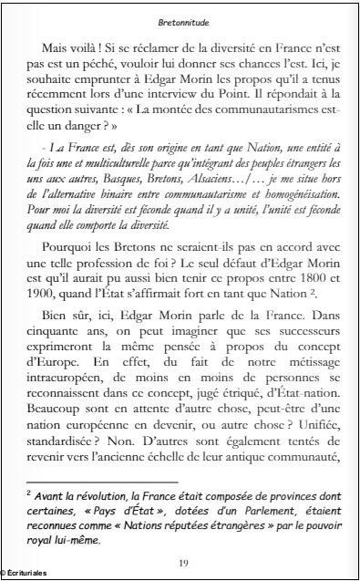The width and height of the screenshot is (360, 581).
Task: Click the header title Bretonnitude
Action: point(180,17)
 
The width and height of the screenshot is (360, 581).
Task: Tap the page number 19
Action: point(180,564)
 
